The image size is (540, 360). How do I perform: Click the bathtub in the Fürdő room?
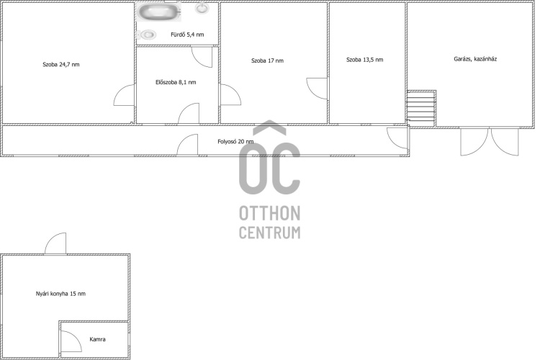tap(159, 12)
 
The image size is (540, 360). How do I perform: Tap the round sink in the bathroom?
tap(202, 8)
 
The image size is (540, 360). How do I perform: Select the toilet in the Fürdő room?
tap(147, 35)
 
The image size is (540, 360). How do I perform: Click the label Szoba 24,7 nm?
tap(61, 64)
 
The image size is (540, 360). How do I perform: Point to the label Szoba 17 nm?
tap(267, 60)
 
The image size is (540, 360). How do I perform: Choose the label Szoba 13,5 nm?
tap(365, 60)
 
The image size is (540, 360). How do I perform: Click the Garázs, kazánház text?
tap(475, 59)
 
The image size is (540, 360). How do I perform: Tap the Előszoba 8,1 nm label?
tap(176, 82)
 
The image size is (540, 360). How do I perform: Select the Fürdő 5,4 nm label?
tap(187, 35)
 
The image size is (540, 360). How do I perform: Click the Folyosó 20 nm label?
tap(235, 142)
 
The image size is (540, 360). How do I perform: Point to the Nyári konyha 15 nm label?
tap(60, 294)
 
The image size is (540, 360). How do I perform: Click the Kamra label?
tap(97, 339)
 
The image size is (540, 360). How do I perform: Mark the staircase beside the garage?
tap(421, 109)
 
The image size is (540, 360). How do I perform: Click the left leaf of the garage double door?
tap(474, 142)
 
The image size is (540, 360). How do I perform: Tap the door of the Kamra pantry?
tap(71, 341)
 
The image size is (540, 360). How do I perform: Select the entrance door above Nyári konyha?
tap(55, 243)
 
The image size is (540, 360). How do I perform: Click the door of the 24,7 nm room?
tap(124, 95)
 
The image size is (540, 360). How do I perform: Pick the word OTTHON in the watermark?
tap(270, 213)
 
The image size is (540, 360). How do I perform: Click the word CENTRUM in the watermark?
tap(270, 233)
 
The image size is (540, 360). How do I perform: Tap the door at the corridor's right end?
tap(397, 138)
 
